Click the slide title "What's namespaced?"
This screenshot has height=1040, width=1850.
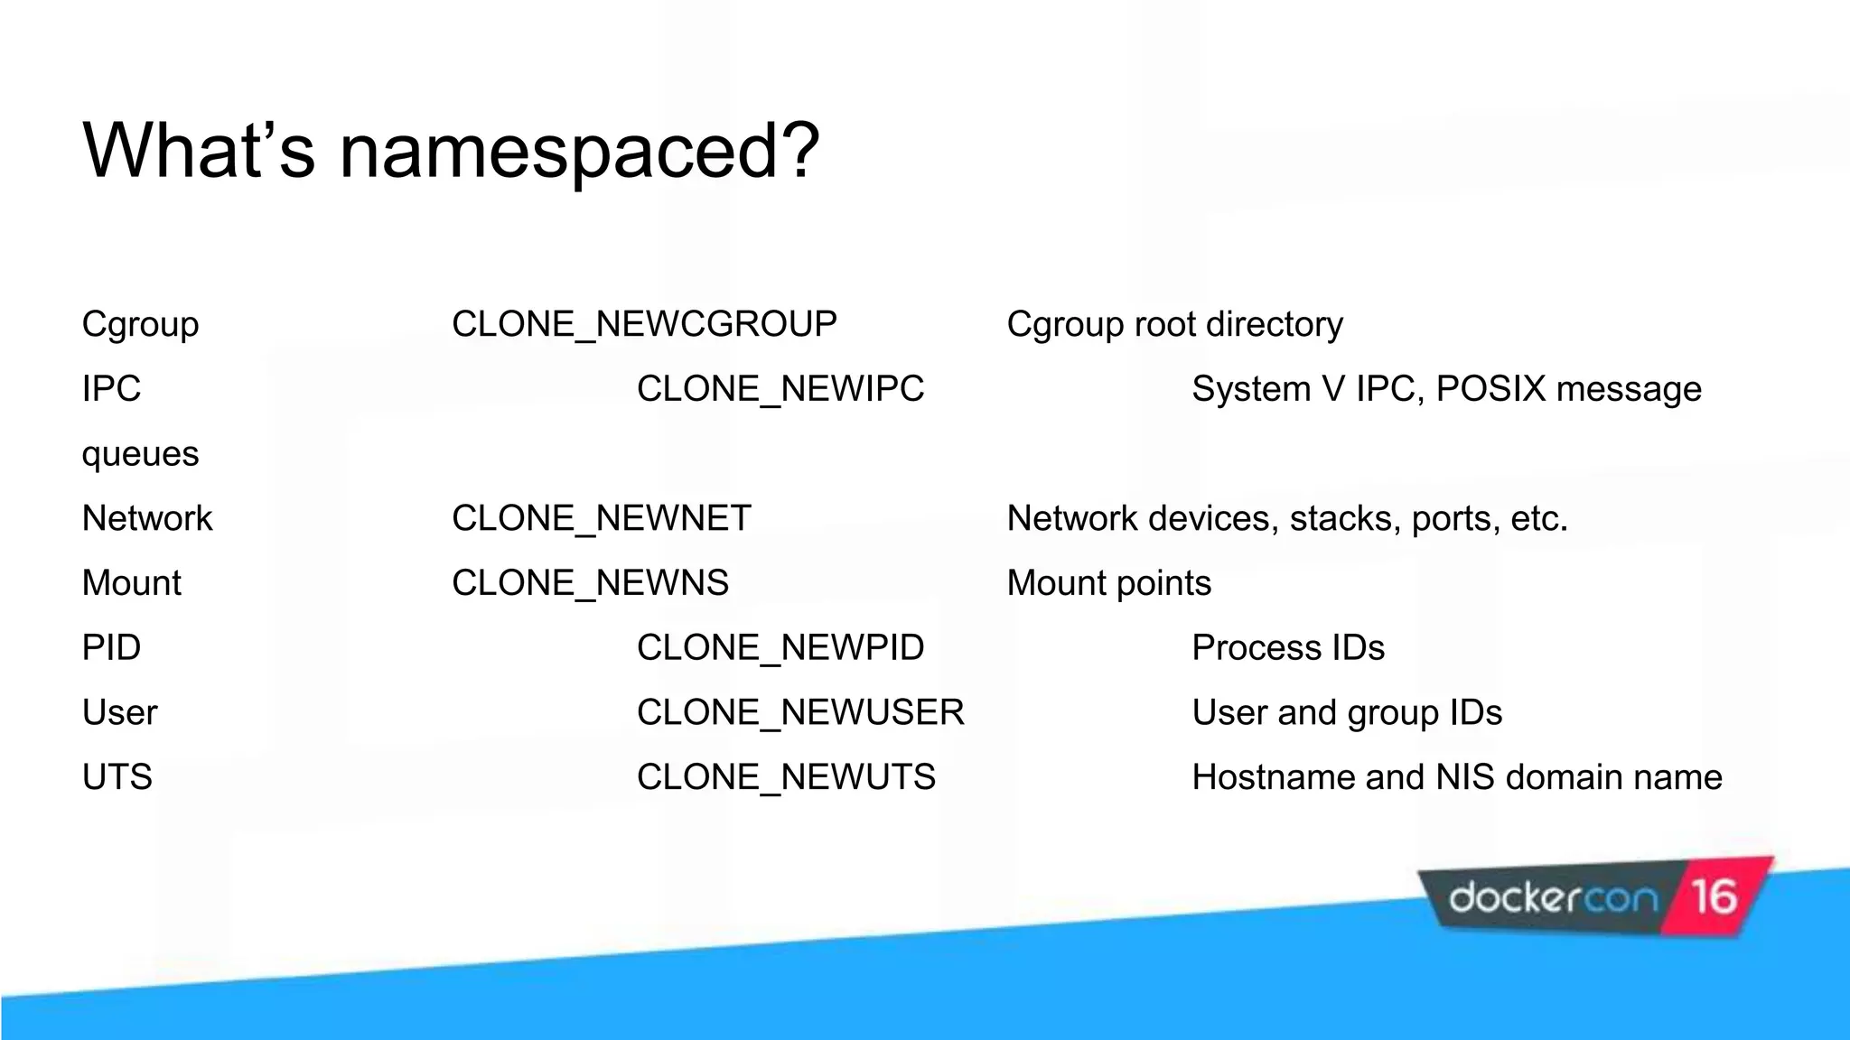[451, 150]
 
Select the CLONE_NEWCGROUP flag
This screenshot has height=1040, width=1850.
[644, 324]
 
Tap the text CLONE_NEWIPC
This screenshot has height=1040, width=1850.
[780, 389]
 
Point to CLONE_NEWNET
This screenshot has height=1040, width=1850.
[601, 518]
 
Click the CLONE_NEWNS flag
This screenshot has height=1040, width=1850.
[590, 583]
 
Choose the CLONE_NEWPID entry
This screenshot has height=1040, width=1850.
[780, 648]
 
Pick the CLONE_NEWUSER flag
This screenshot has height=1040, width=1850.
[800, 712]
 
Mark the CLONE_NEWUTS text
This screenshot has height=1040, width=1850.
[786, 777]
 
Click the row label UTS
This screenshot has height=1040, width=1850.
[117, 777]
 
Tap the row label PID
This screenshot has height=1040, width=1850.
[111, 648]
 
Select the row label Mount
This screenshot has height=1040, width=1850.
[132, 583]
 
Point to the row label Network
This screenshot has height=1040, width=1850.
[147, 518]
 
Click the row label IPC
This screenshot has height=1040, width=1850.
[111, 389]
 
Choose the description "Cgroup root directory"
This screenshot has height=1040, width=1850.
[1174, 324]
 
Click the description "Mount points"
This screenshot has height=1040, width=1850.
[1108, 583]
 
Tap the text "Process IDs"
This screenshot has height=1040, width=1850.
[1288, 648]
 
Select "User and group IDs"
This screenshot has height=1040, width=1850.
[1347, 712]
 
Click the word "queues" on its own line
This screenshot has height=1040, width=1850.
[140, 453]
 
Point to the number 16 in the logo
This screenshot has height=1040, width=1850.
[1714, 897]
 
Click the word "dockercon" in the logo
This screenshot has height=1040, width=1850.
[1553, 898]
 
